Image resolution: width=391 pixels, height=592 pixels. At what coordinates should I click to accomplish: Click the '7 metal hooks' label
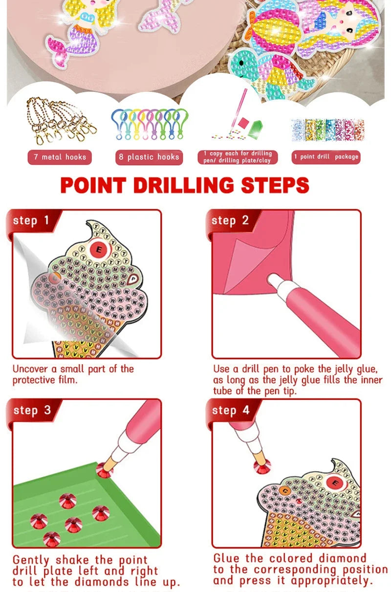[59, 157]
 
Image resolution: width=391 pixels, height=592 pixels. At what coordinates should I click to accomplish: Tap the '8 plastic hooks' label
[149, 157]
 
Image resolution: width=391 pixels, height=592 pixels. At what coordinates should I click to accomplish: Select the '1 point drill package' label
[326, 157]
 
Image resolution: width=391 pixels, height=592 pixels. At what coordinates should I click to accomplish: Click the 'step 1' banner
[31, 220]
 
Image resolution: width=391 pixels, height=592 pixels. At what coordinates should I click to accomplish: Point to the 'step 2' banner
[230, 220]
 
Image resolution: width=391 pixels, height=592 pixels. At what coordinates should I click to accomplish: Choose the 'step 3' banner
[32, 410]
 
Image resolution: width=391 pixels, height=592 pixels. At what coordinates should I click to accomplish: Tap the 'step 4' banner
[230, 410]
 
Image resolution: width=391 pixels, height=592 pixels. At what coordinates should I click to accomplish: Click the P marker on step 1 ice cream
[134, 279]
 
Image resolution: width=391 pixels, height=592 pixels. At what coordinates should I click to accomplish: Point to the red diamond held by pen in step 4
[262, 464]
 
